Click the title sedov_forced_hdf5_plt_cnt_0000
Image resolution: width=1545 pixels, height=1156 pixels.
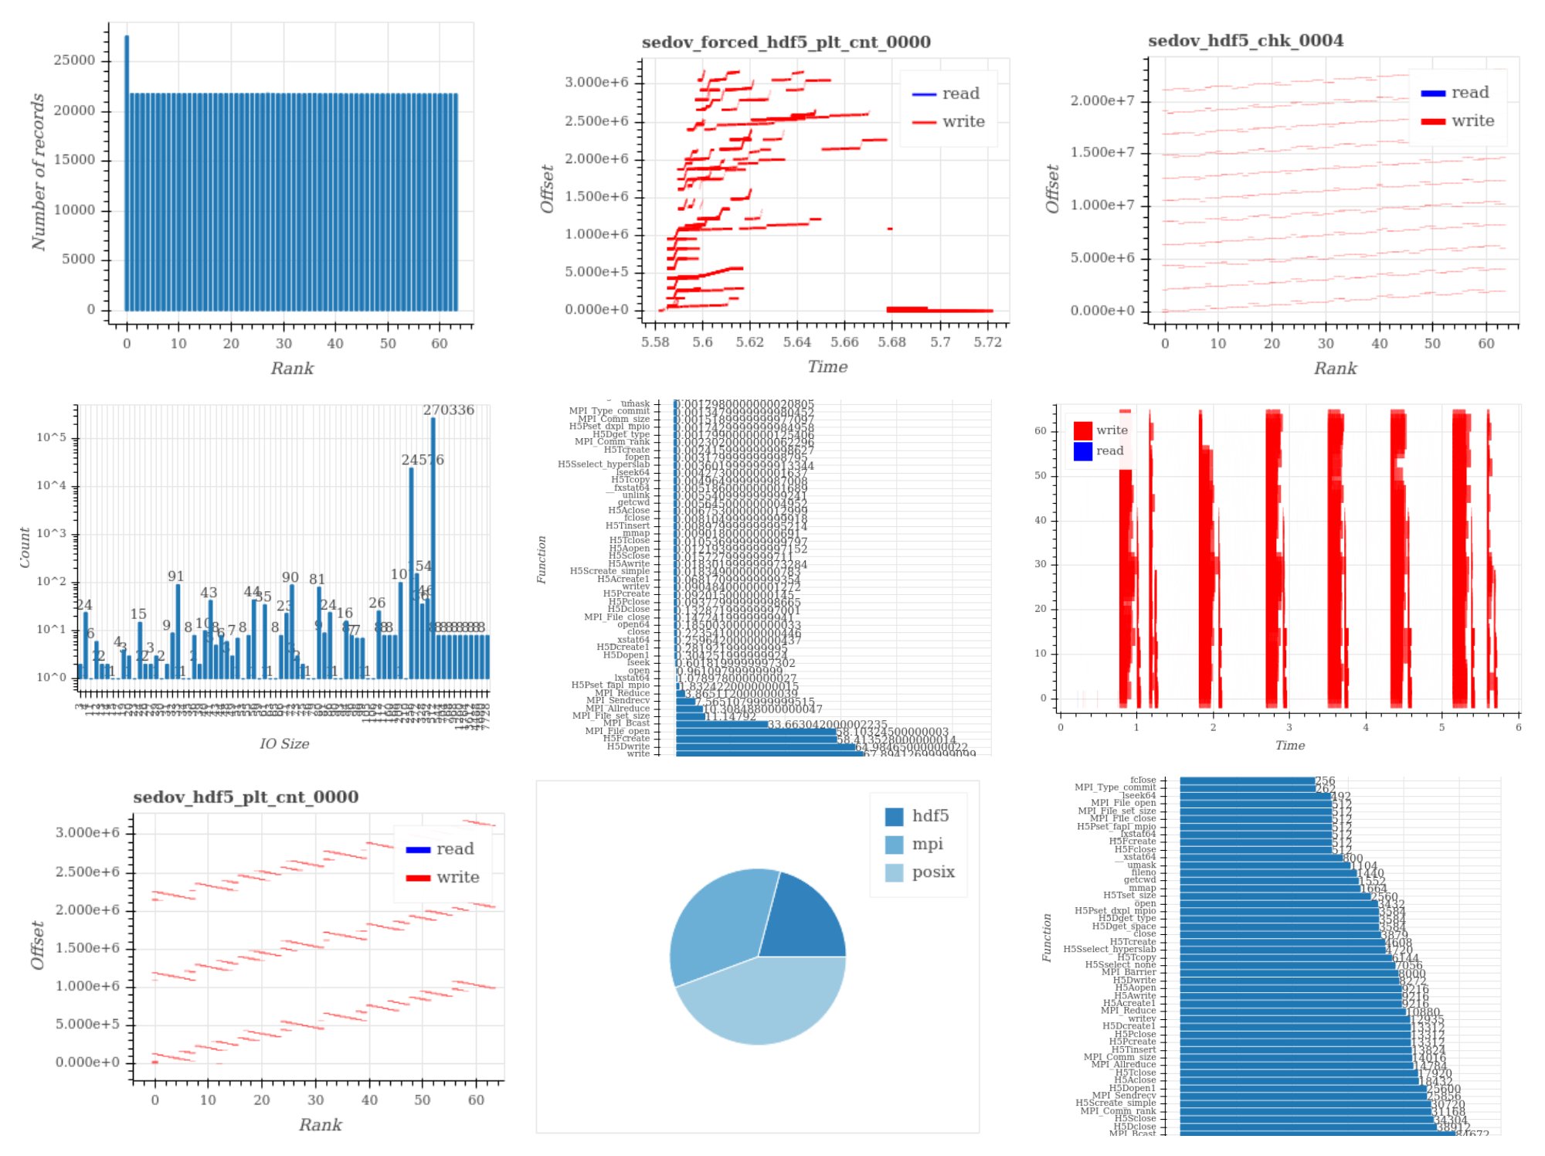coord(786,42)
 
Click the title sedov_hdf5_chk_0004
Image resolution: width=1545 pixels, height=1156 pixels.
coord(1245,41)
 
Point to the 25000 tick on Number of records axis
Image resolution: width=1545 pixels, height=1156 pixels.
coord(74,60)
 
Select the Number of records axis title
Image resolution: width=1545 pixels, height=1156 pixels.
coord(38,172)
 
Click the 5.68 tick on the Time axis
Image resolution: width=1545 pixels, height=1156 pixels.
coord(891,342)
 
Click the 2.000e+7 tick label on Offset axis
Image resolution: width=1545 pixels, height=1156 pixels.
coord(1102,100)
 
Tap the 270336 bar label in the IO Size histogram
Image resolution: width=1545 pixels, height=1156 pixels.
coord(448,410)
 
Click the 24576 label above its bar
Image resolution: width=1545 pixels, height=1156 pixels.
coord(423,460)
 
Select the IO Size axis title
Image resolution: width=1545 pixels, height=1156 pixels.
coord(284,744)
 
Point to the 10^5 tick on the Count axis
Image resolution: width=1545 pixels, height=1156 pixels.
coord(51,438)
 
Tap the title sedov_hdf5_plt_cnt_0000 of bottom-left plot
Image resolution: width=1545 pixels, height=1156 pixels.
coord(246,797)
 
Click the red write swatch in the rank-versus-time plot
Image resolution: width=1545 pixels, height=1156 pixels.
coord(1082,430)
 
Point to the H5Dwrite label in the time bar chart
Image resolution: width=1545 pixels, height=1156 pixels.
coord(628,746)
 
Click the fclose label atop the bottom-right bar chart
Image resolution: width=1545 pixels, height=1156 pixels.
coord(1143,780)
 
